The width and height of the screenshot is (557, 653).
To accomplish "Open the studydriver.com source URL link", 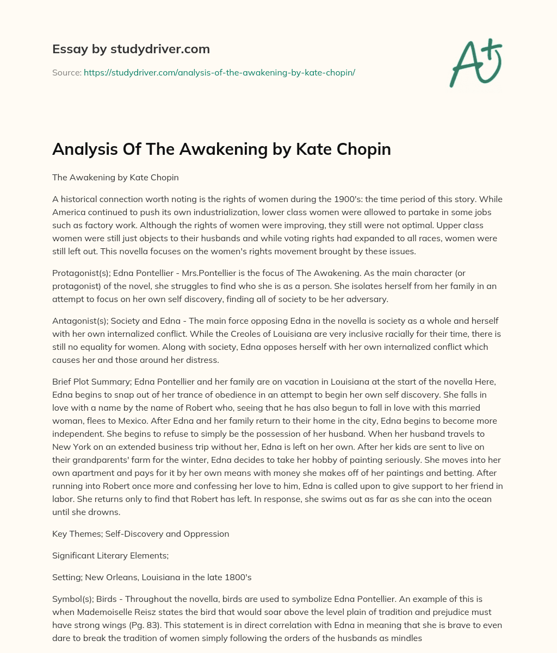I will pyautogui.click(x=219, y=72).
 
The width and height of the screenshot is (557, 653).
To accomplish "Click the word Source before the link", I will pyautogui.click(x=66, y=72).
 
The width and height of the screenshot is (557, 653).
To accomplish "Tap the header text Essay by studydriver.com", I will pyautogui.click(x=131, y=49).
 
